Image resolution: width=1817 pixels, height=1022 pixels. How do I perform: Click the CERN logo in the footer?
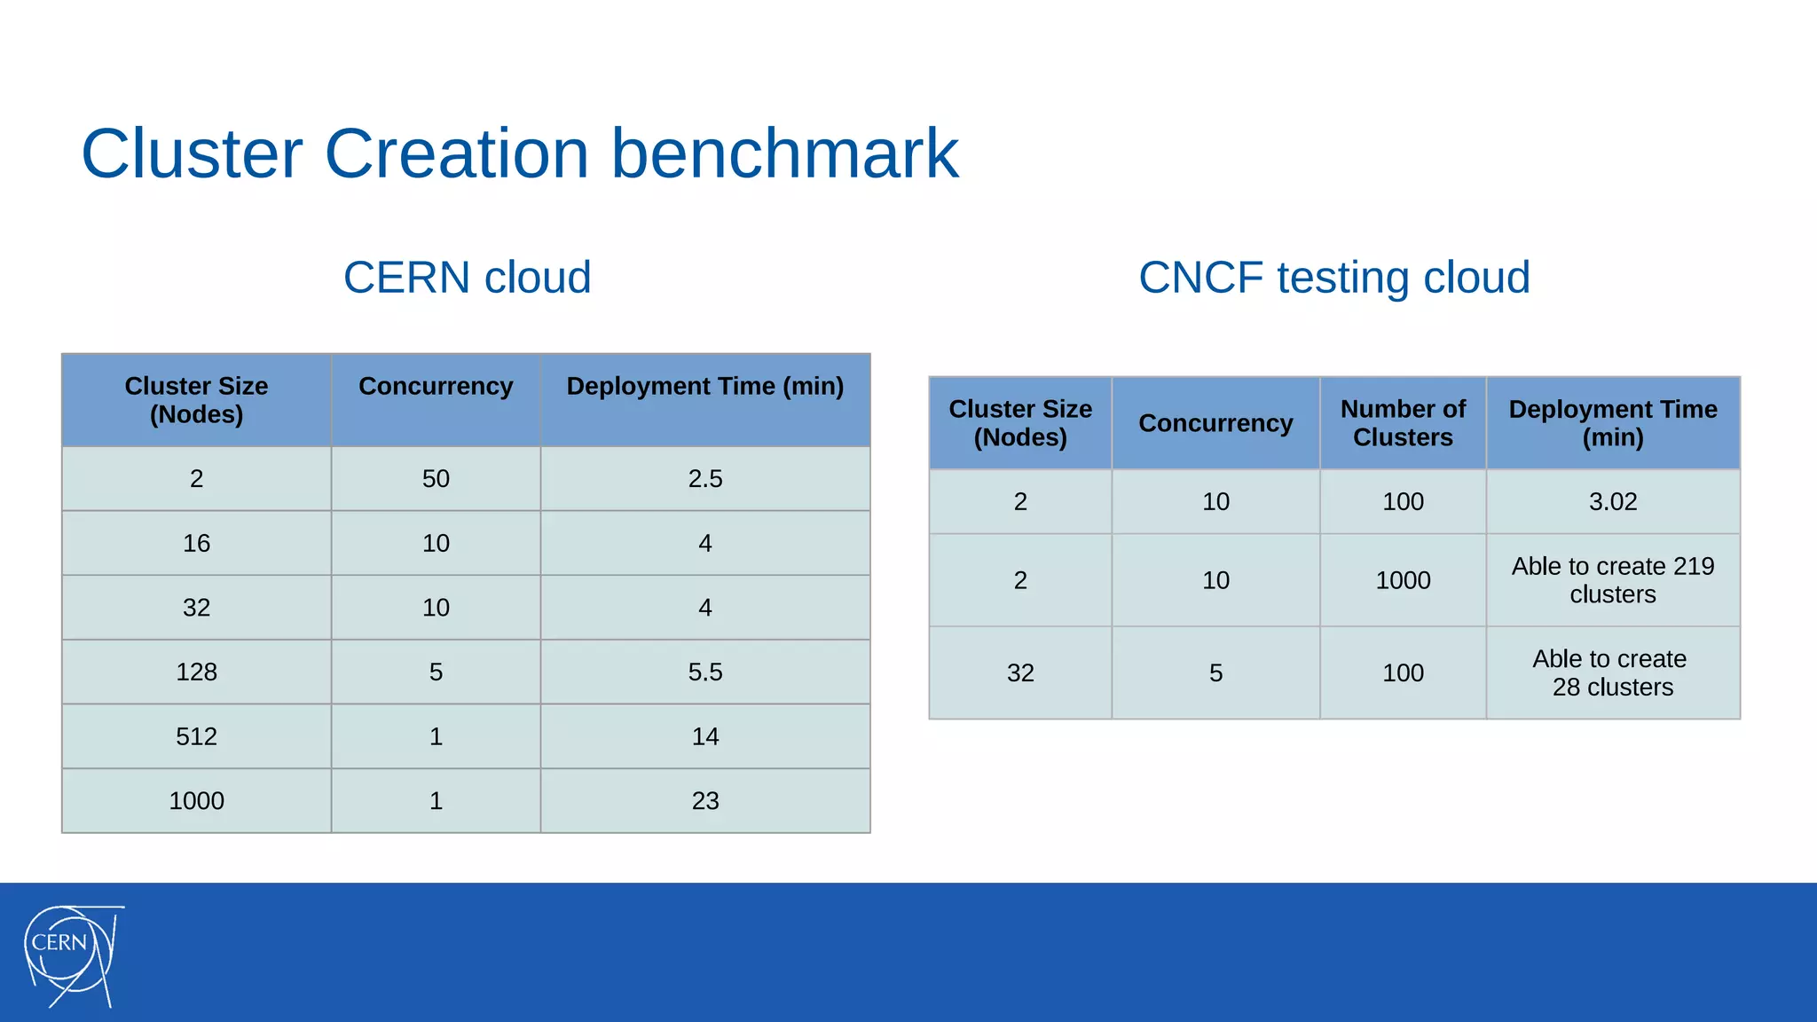coord(71,955)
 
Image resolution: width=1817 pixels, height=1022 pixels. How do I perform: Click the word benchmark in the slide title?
coord(784,153)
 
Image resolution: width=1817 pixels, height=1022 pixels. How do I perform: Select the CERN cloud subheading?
coord(467,278)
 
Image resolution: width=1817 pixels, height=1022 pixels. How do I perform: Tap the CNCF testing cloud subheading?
coord(1333,278)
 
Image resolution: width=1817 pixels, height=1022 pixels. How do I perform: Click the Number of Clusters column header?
coord(1403,423)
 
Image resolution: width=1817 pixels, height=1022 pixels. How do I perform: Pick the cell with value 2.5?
coord(705,479)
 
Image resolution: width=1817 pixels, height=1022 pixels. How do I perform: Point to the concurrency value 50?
coord(436,479)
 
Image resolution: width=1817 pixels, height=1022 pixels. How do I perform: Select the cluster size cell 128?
coord(196,672)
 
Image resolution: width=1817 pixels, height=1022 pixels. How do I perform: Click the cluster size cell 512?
coord(196,736)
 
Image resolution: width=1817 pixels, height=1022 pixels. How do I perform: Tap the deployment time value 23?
coord(705,801)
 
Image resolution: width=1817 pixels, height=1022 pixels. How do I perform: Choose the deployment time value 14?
coord(705,736)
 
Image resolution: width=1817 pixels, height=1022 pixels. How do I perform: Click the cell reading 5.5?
coord(705,672)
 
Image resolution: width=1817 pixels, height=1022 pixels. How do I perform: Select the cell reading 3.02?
coord(1612,502)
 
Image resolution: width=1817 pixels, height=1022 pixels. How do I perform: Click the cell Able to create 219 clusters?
coord(1612,580)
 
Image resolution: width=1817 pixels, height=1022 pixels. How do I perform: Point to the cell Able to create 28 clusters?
coord(1612,673)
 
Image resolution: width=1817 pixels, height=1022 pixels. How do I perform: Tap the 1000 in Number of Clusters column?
coord(1403,580)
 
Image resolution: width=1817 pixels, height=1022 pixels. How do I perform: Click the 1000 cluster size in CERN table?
coord(196,801)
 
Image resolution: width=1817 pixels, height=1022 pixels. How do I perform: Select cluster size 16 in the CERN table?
coord(196,543)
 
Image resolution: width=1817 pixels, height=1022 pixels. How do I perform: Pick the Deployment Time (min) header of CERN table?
coord(705,387)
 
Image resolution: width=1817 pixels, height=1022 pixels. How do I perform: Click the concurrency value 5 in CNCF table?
coord(1215,673)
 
